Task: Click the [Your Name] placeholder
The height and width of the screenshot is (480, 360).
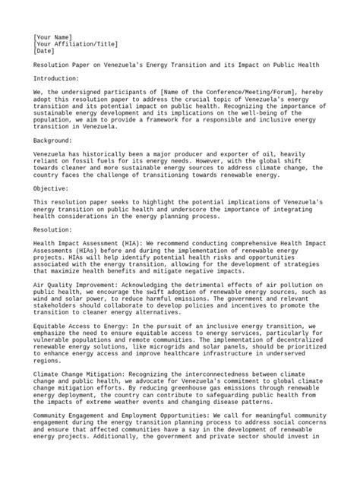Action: pyautogui.click(x=52, y=36)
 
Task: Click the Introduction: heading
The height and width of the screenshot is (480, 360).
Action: pyautogui.click(x=57, y=80)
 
